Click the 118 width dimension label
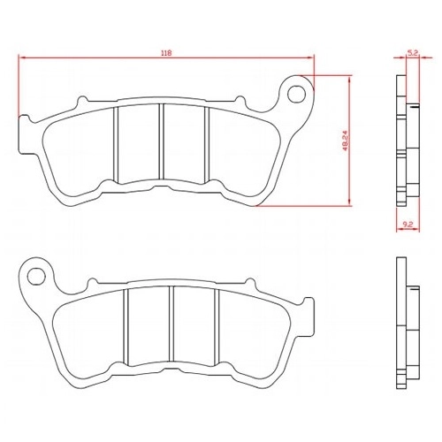point(166,53)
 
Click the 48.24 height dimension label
point(346,141)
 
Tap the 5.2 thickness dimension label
point(413,53)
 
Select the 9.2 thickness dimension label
point(408,225)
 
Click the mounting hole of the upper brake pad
point(296,94)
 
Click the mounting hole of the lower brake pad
point(36,277)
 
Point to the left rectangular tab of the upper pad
point(24,134)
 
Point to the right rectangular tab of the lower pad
point(309,316)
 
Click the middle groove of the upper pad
point(161,141)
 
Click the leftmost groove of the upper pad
point(116,145)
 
